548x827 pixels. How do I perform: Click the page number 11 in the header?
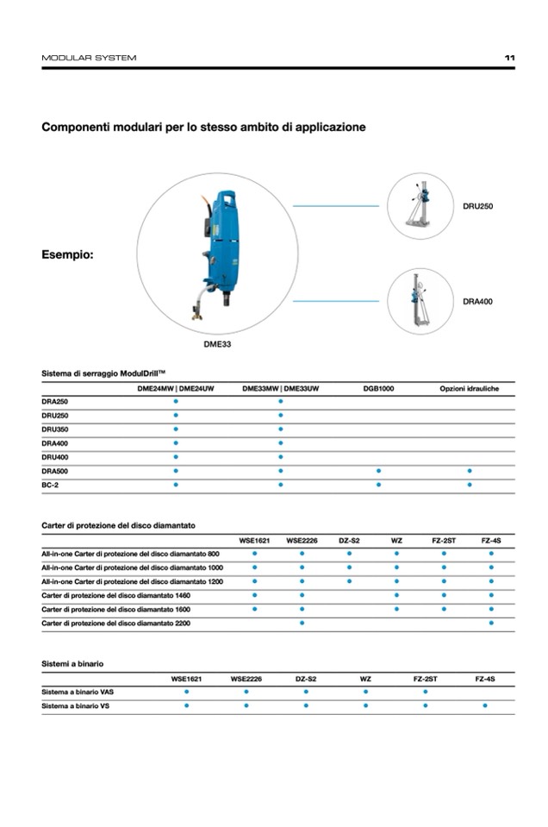(509, 58)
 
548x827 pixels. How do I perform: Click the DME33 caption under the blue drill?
(216, 343)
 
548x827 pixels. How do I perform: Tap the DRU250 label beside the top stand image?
(477, 207)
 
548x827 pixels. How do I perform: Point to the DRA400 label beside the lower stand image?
(477, 302)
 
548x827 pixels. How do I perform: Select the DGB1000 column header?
(378, 389)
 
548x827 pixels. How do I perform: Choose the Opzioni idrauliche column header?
(469, 389)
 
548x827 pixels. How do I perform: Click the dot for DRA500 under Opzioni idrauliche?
(470, 471)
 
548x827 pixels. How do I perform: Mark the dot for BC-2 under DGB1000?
(378, 485)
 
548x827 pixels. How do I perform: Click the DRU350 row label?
(54, 429)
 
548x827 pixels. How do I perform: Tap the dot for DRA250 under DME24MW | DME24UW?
(176, 402)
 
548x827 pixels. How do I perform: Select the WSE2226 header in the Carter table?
(302, 541)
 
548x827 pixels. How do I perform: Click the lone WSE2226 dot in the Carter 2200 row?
(302, 623)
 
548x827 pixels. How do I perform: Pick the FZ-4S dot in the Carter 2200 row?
(491, 623)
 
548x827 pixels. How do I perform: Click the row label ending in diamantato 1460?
(116, 596)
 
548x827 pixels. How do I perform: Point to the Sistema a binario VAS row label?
(78, 692)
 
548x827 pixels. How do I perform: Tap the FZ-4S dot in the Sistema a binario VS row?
(485, 705)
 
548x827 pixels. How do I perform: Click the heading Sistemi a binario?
(72, 663)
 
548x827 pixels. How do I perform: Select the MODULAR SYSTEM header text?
(89, 58)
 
